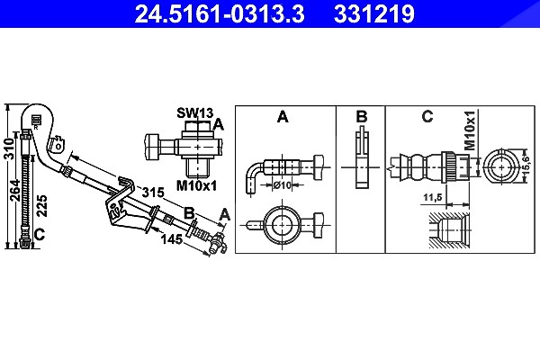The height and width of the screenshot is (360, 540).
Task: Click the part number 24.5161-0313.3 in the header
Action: [220, 13]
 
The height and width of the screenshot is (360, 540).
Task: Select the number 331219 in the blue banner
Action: [374, 13]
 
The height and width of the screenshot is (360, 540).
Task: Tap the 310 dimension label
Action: [10, 149]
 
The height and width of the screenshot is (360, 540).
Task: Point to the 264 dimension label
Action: [15, 190]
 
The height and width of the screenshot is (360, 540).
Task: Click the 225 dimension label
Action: [42, 206]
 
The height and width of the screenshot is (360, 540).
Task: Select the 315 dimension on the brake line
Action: [153, 192]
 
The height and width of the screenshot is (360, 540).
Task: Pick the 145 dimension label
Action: [172, 238]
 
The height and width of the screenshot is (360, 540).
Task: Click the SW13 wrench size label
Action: [195, 112]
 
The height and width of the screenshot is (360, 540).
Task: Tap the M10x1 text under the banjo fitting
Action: [196, 186]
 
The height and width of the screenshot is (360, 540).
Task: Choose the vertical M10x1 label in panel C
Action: [470, 130]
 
